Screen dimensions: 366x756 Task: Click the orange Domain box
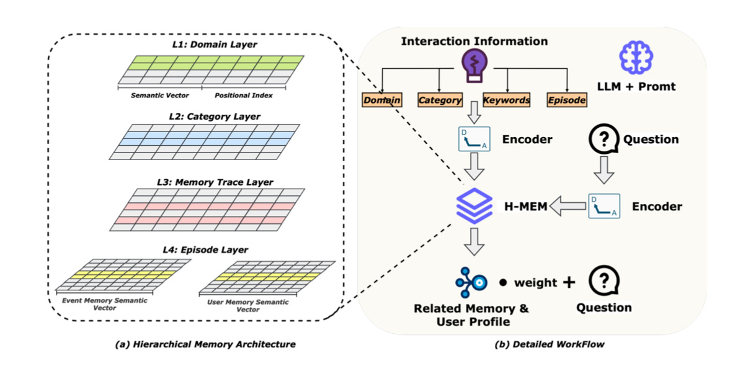[382, 100]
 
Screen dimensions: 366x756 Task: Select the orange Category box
[440, 100]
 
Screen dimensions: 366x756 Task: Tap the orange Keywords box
[507, 100]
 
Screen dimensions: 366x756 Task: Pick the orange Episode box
[567, 100]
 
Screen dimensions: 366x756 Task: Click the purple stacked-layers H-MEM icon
[474, 205]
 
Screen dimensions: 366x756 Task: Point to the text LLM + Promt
[636, 87]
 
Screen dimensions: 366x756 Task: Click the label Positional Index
[244, 96]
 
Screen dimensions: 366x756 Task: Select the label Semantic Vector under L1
[159, 96]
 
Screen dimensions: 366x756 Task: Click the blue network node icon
[473, 282]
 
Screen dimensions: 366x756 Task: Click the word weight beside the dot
[535, 283]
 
